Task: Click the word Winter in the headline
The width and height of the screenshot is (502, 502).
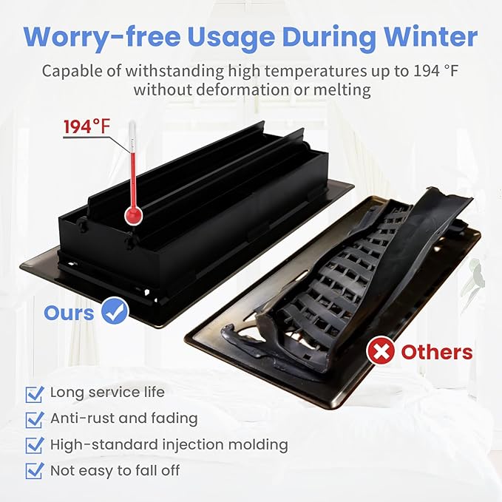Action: tap(430, 36)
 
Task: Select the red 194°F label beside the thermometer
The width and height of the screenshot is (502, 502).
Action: tap(87, 126)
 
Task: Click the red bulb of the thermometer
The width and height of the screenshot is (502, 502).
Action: tap(133, 214)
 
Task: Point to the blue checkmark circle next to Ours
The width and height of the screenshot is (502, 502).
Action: tap(115, 311)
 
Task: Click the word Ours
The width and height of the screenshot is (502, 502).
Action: tap(69, 313)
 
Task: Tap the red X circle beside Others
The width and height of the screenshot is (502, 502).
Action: tap(381, 350)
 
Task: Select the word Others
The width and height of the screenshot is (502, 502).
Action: tap(437, 351)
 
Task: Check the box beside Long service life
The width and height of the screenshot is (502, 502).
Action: tap(35, 394)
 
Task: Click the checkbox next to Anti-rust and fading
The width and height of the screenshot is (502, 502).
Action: tap(35, 420)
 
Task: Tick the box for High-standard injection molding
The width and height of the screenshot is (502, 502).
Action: tap(35, 445)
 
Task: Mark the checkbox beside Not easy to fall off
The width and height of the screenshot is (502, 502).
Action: tap(35, 471)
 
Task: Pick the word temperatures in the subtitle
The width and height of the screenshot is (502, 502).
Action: tap(316, 72)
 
